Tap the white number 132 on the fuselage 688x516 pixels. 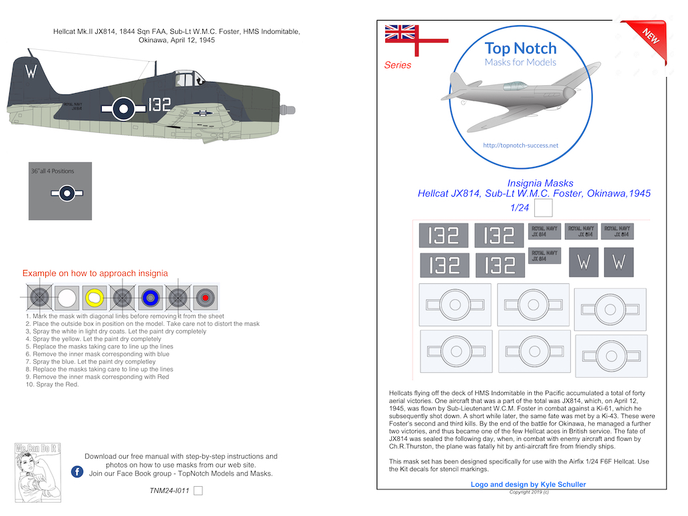click(155, 106)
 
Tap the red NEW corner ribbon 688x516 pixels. click(649, 37)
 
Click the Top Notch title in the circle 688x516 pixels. click(520, 48)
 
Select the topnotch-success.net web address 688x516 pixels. click(520, 145)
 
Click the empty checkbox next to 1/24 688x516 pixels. click(544, 209)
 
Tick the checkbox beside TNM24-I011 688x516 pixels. click(198, 491)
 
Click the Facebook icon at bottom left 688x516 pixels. click(77, 472)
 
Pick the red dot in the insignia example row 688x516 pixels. click(206, 298)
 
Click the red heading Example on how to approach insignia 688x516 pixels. click(95, 273)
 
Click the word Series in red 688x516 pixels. click(397, 65)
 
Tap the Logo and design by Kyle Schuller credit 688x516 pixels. click(528, 485)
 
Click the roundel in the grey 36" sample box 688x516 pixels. click(65, 193)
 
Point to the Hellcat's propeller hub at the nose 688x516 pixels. click(289, 109)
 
